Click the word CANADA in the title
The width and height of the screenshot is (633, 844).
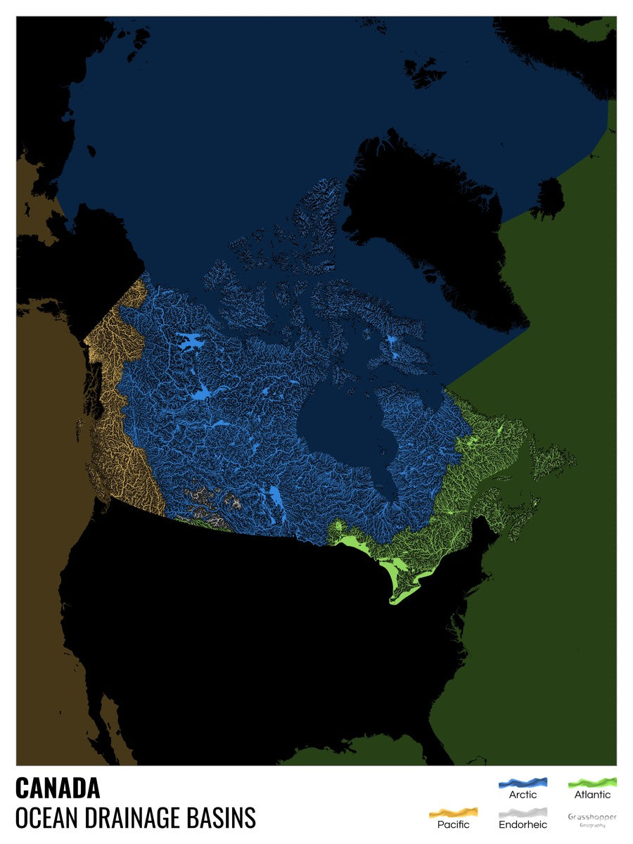tap(58, 788)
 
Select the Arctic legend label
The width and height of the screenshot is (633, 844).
tap(523, 795)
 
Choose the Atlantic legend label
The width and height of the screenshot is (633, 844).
tap(592, 795)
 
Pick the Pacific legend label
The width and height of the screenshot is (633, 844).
tap(453, 824)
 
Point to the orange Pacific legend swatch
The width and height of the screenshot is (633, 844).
tap(453, 812)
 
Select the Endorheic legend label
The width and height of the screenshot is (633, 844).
tap(523, 824)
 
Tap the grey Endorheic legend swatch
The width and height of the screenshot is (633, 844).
tap(523, 812)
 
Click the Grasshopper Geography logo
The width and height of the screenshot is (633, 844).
tap(592, 819)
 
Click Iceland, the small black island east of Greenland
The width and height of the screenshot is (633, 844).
tap(548, 198)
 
